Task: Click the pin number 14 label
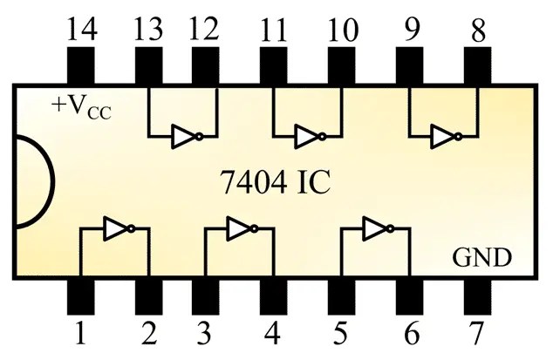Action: pyautogui.click(x=81, y=30)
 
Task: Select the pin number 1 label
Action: pyautogui.click(x=80, y=332)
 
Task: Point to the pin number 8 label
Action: pyautogui.click(x=478, y=30)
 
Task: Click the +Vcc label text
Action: pyautogui.click(x=81, y=106)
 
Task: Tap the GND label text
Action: pyautogui.click(x=481, y=258)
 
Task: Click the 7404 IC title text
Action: pyautogui.click(x=276, y=182)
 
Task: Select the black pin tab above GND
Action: pyautogui.click(x=477, y=65)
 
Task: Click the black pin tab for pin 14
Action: pyautogui.click(x=81, y=65)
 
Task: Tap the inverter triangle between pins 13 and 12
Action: pyautogui.click(x=183, y=137)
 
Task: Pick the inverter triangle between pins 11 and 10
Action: pyautogui.click(x=307, y=137)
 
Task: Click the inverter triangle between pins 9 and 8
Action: pyautogui.click(x=442, y=137)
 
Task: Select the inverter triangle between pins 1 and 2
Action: pyautogui.click(x=116, y=229)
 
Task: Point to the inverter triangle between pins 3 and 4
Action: pyautogui.click(x=239, y=229)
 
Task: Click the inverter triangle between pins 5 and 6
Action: pyautogui.click(x=375, y=229)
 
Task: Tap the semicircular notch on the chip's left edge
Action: pyautogui.click(x=34, y=181)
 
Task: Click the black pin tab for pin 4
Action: pyautogui.click(x=273, y=297)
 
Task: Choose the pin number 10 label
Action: pyautogui.click(x=343, y=30)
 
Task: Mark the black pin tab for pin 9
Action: pyautogui.click(x=409, y=65)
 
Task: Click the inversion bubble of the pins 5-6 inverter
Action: pyautogui.click(x=390, y=229)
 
